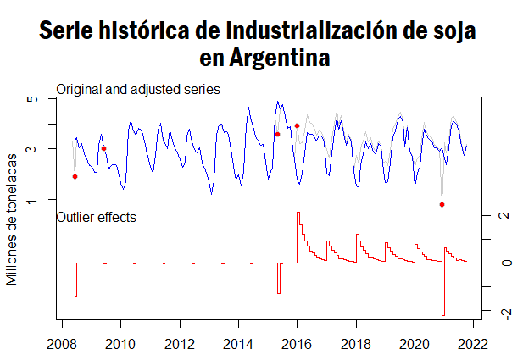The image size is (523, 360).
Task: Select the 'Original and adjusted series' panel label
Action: coord(138,89)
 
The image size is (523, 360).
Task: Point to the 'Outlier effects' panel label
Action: coord(96,218)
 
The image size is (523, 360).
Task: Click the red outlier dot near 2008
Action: coord(75,176)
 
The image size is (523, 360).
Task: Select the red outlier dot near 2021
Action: coord(442,204)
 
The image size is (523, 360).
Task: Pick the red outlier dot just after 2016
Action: coord(297,125)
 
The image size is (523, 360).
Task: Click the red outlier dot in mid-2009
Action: coord(103,148)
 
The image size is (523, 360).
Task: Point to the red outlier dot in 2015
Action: coord(277,134)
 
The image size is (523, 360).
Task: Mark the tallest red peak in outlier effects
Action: coord(298,213)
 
